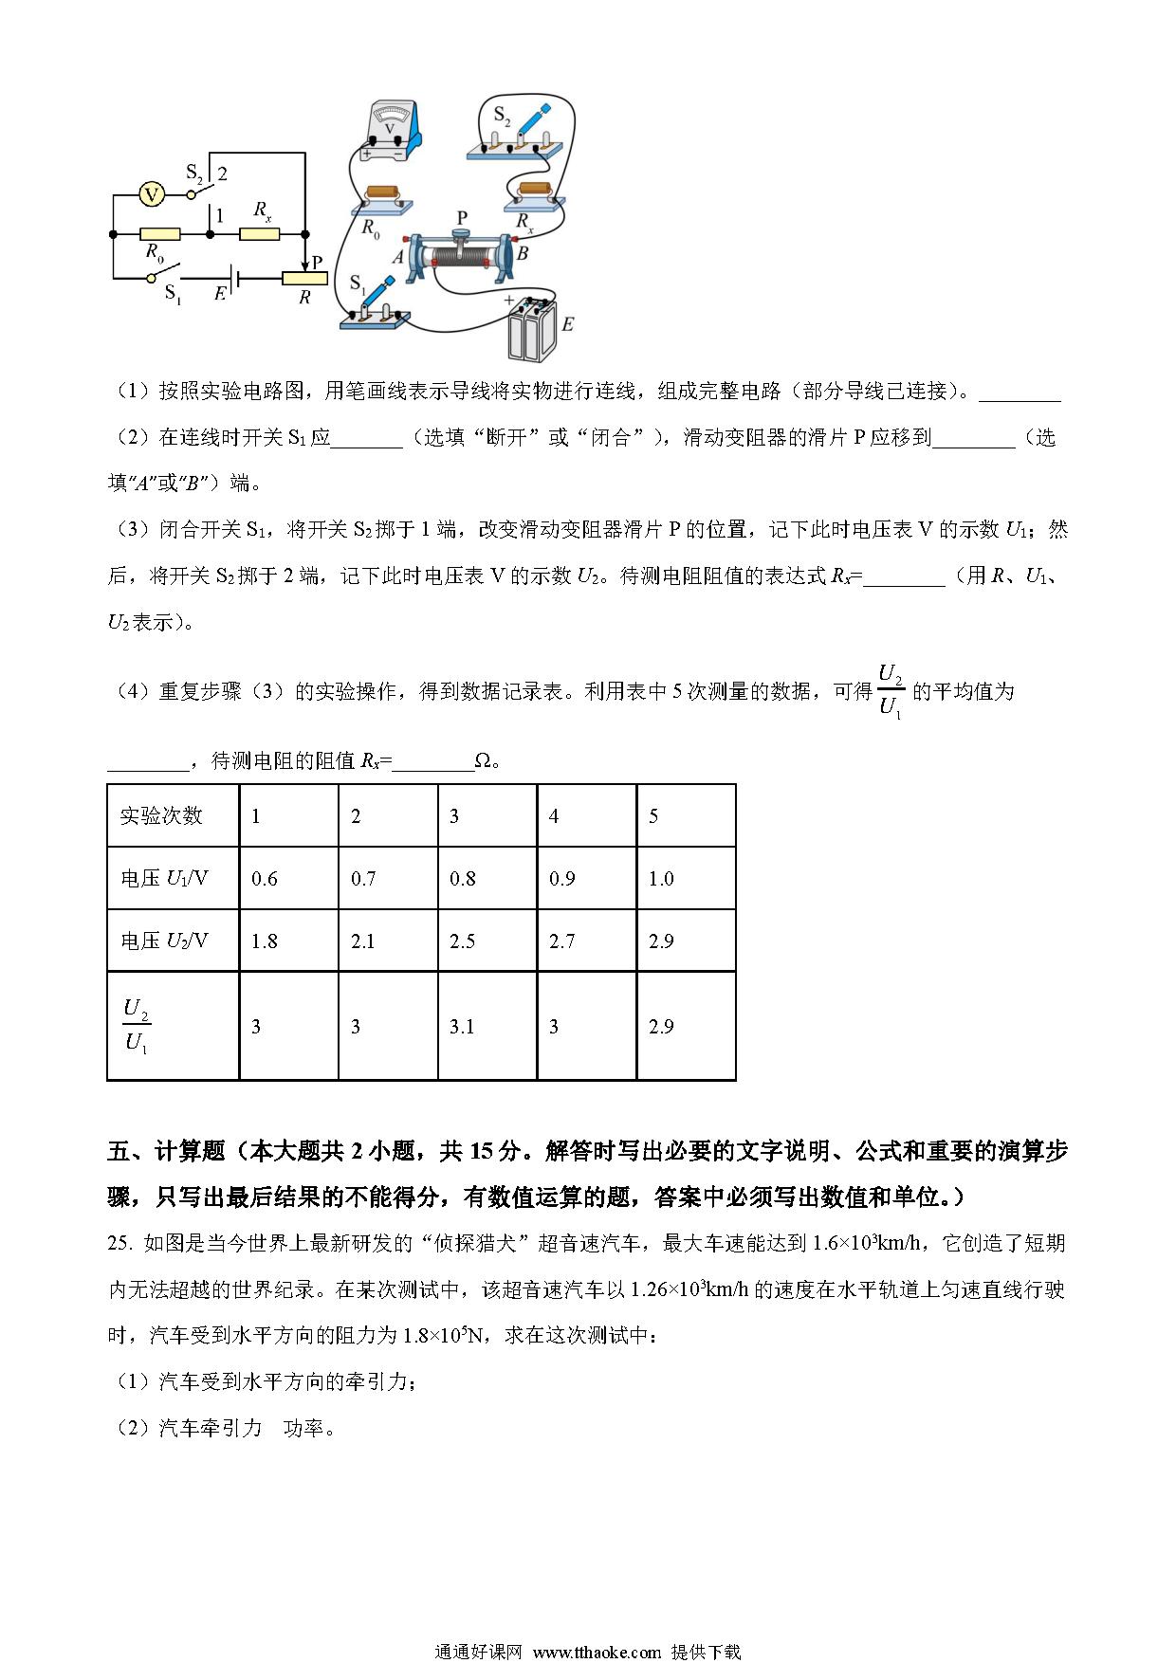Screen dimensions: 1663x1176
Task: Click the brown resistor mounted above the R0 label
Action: coord(386,194)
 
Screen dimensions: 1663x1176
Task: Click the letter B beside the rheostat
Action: coord(522,254)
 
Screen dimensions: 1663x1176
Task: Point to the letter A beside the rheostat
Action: coord(397,257)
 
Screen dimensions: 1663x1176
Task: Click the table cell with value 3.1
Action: coord(462,1027)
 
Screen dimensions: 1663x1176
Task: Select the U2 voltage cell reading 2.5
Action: coord(462,941)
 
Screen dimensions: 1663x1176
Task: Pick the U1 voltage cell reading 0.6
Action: coord(265,879)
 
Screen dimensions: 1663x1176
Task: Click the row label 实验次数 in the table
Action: coord(161,816)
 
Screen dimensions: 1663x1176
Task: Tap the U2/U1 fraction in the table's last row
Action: coord(138,1027)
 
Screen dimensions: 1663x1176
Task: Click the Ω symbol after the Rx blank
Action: coord(483,760)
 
